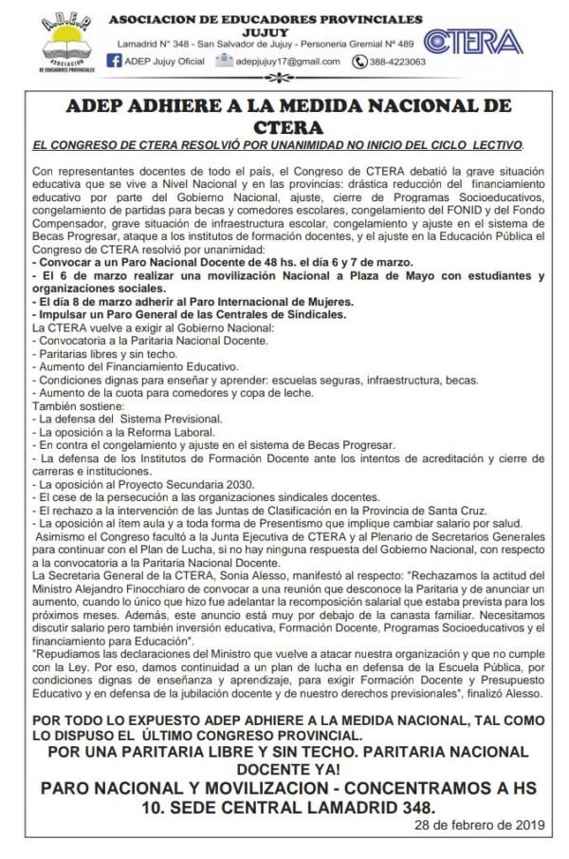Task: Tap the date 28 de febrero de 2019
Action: (480, 825)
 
